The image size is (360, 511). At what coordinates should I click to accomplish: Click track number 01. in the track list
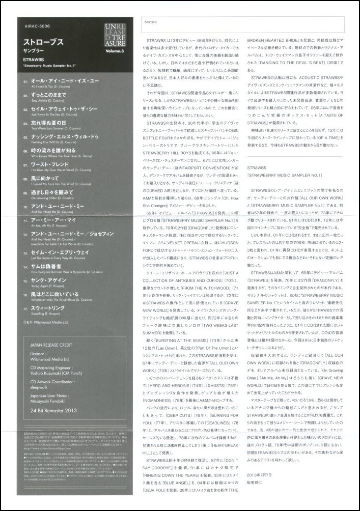coord(26,81)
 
